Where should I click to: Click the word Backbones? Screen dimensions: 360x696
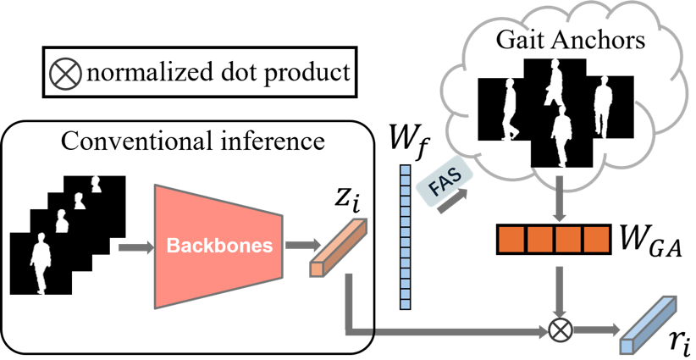pyautogui.click(x=219, y=246)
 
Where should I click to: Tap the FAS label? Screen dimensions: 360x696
pyautogui.click(x=439, y=185)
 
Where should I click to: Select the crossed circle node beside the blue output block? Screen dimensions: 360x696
pyautogui.click(x=559, y=330)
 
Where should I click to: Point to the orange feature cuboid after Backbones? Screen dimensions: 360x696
pyautogui.click(x=339, y=247)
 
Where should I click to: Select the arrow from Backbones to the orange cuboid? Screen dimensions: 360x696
pyautogui.click(x=297, y=245)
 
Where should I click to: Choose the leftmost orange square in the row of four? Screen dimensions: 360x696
pyautogui.click(x=511, y=240)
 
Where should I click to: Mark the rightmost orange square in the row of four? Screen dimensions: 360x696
pyautogui.click(x=596, y=240)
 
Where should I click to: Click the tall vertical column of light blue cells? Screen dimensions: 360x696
pyautogui.click(x=405, y=237)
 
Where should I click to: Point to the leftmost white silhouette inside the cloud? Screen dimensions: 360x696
pyautogui.click(x=510, y=109)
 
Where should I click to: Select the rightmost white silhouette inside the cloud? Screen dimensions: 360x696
pyautogui.click(x=602, y=107)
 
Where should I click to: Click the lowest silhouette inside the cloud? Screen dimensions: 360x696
pyautogui.click(x=561, y=136)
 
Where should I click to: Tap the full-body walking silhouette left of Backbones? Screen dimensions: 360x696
pyautogui.click(x=40, y=263)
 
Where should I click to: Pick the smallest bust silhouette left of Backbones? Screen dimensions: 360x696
pyautogui.click(x=96, y=184)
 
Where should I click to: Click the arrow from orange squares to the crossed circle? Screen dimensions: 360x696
pyautogui.click(x=559, y=292)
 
